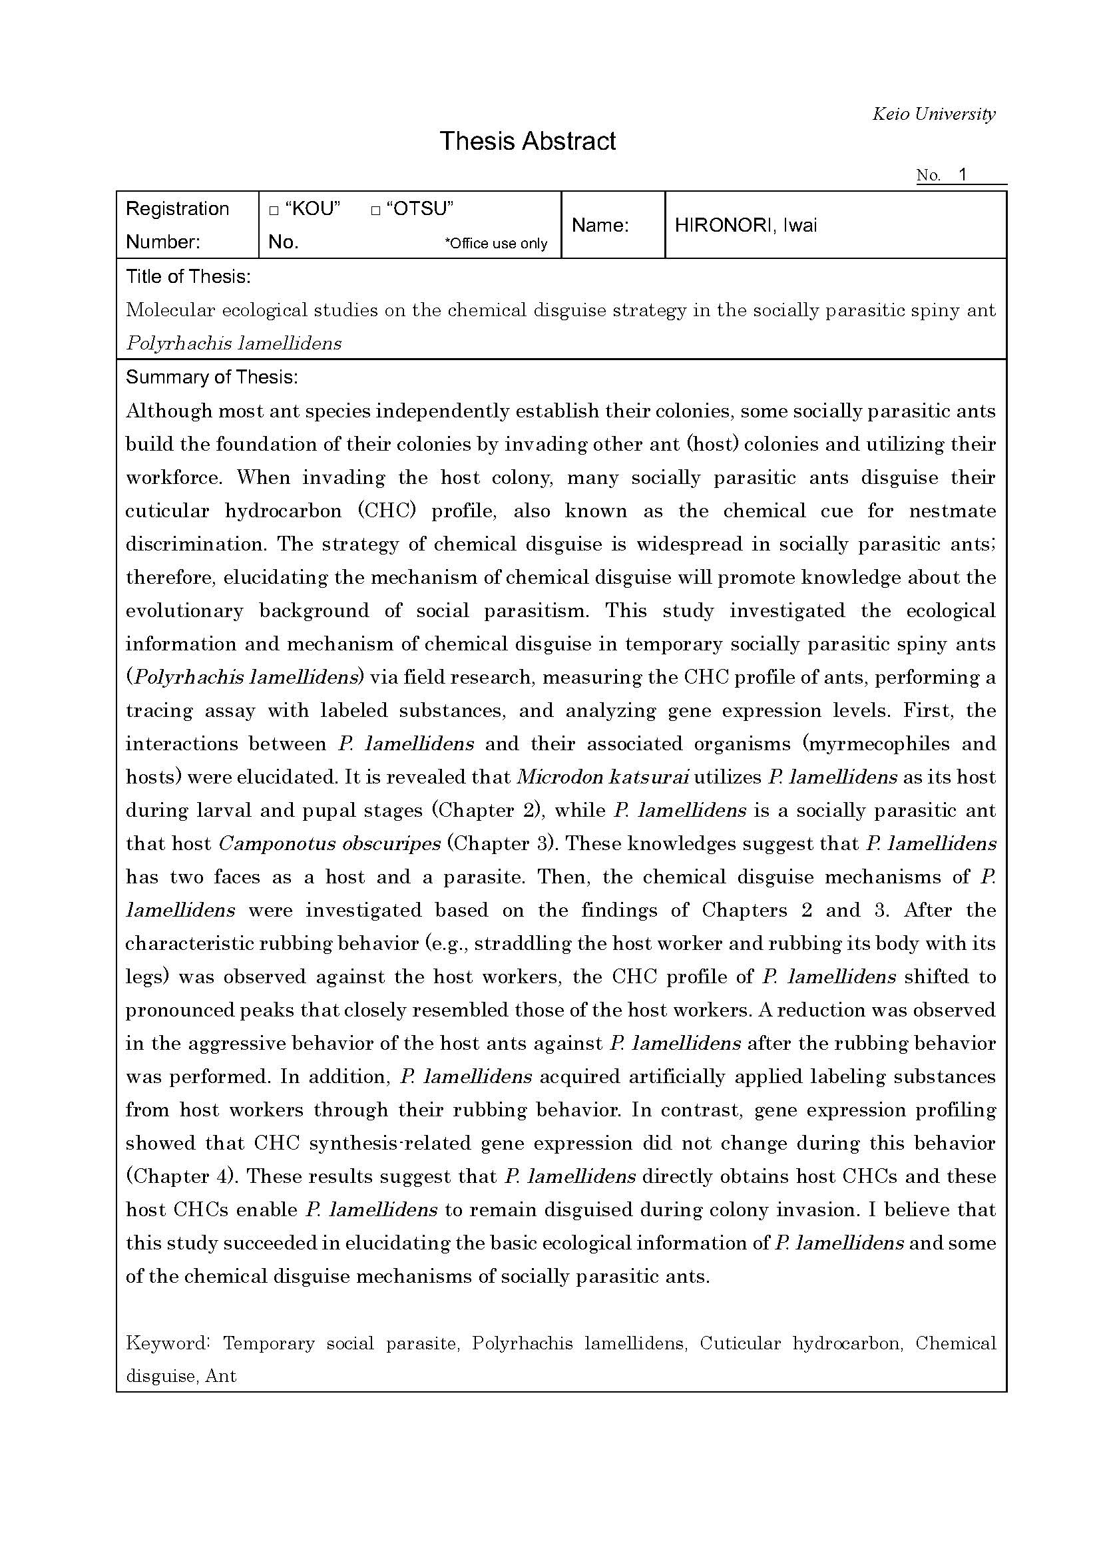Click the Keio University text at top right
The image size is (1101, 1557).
click(933, 114)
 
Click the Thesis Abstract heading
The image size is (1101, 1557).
click(527, 141)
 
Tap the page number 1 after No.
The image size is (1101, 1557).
click(961, 174)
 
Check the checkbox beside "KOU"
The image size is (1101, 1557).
click(274, 211)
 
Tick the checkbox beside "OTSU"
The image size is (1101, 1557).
click(375, 211)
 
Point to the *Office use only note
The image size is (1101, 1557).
click(496, 244)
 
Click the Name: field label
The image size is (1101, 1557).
click(600, 225)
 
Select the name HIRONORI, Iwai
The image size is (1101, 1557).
click(746, 225)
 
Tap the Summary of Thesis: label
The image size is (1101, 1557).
click(212, 377)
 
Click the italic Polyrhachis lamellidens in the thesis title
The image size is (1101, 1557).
click(233, 343)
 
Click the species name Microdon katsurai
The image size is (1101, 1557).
click(602, 777)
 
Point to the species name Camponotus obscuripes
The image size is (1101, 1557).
click(330, 843)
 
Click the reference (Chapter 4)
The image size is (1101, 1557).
click(181, 1176)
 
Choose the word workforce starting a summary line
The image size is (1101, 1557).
click(174, 477)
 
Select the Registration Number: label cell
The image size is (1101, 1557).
click(178, 225)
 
